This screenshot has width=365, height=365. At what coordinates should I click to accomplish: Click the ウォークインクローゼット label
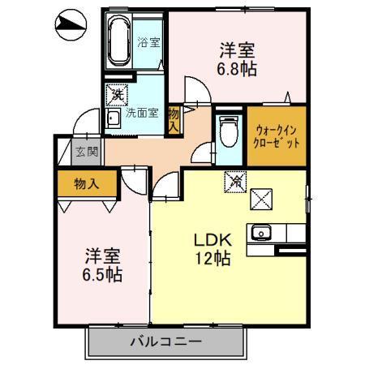click(276, 134)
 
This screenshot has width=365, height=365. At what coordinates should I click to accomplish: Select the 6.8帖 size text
click(237, 69)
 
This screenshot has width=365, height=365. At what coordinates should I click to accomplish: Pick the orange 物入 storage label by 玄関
click(85, 183)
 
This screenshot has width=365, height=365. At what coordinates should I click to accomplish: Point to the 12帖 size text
click(213, 260)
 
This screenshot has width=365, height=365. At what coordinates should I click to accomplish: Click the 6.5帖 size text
click(104, 275)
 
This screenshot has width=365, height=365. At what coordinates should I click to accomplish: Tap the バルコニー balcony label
click(165, 341)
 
